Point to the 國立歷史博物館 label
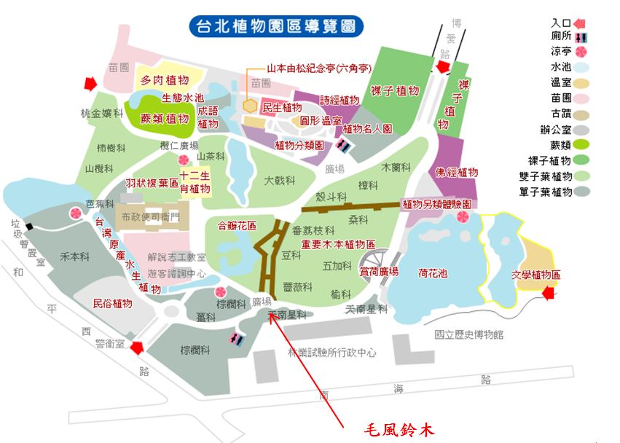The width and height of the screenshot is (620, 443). click(468, 334)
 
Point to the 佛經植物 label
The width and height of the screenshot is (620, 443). click(457, 173)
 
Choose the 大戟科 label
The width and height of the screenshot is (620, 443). click(278, 179)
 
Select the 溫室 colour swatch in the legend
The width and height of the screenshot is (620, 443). click(581, 83)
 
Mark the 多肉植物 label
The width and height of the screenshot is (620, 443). click(165, 80)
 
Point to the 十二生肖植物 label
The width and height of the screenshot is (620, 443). click(195, 182)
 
